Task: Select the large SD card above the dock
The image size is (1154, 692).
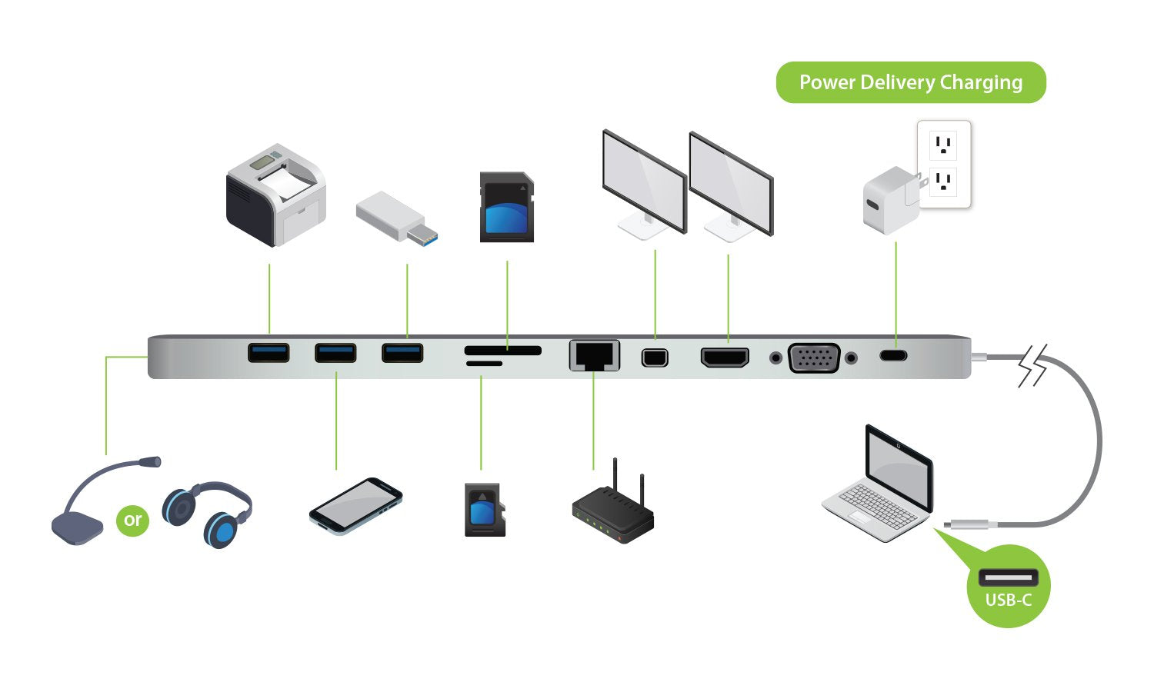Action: pos(506,208)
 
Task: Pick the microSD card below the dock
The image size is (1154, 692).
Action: pos(484,510)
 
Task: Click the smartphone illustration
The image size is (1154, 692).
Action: pos(355,505)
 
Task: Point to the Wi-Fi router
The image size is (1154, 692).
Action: pos(613,511)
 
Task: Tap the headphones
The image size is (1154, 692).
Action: pos(208,514)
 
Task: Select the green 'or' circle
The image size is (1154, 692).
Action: pos(132,520)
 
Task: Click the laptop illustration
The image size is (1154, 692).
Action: pos(882,484)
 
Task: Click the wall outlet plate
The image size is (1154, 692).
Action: pos(944,164)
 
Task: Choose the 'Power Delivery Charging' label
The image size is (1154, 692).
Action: pos(911,82)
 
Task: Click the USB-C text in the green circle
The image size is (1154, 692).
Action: pos(1008,600)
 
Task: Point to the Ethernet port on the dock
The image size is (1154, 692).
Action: pos(594,354)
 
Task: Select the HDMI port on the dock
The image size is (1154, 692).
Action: pos(724,357)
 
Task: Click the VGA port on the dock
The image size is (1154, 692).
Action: pos(813,358)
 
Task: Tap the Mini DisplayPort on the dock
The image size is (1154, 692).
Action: pos(655,357)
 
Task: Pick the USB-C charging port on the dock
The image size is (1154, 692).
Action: pos(894,355)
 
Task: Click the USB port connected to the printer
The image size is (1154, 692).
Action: pos(268,353)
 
